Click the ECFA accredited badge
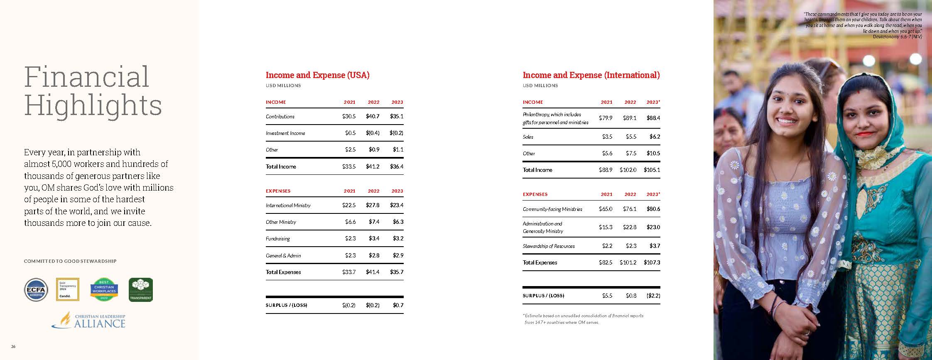[x=36, y=289]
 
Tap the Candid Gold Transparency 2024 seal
[x=67, y=289]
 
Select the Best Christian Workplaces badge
[x=104, y=289]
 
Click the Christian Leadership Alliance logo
[x=88, y=321]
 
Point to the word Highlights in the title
[x=93, y=106]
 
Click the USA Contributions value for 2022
[x=373, y=117]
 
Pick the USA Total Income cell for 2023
[x=397, y=167]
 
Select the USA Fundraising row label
[x=278, y=239]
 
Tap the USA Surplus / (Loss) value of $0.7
[x=398, y=305]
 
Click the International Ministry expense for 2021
[x=349, y=205]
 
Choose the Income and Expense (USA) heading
[x=317, y=75]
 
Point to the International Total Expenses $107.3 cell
[x=652, y=262]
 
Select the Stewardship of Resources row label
[x=549, y=246]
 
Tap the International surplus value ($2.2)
[x=653, y=296]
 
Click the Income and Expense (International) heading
[x=591, y=75]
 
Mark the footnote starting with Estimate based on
[x=583, y=319]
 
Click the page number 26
[x=13, y=347]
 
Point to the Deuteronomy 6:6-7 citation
[x=897, y=37]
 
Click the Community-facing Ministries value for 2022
[x=630, y=209]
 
